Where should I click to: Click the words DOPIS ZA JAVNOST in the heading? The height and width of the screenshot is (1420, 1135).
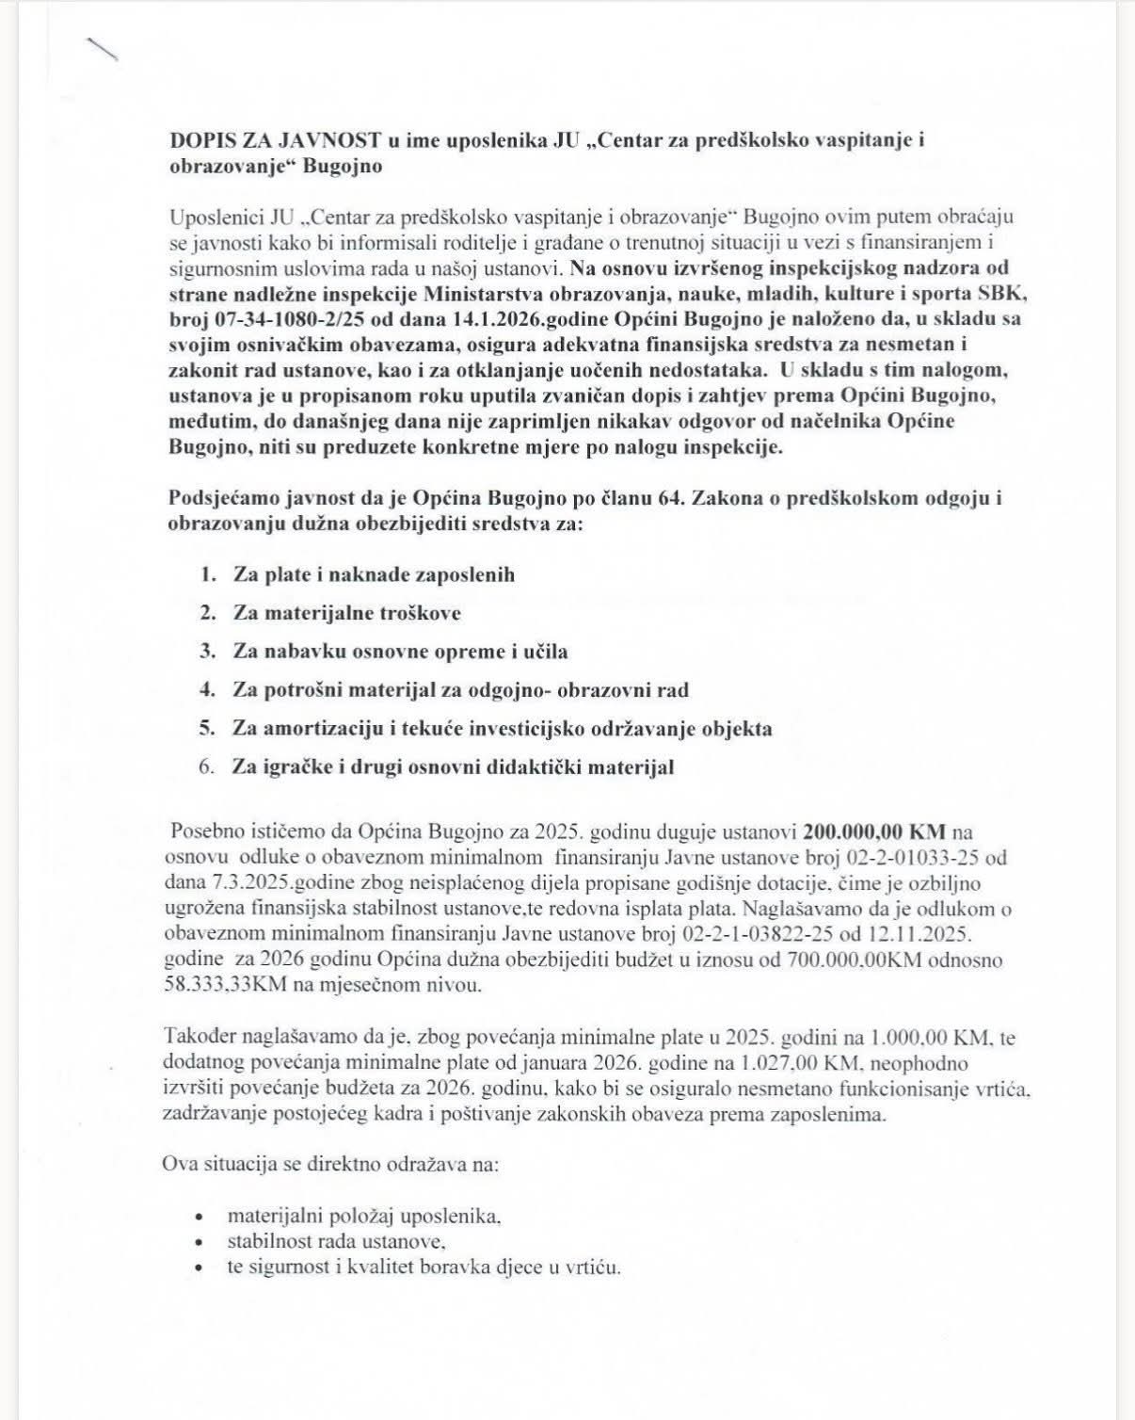[x=275, y=141]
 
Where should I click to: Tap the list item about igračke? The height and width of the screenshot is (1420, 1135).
[x=453, y=767]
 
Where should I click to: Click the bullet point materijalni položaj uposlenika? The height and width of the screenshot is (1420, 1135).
[x=363, y=1216]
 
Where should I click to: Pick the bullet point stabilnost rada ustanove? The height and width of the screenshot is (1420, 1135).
[x=335, y=1241]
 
